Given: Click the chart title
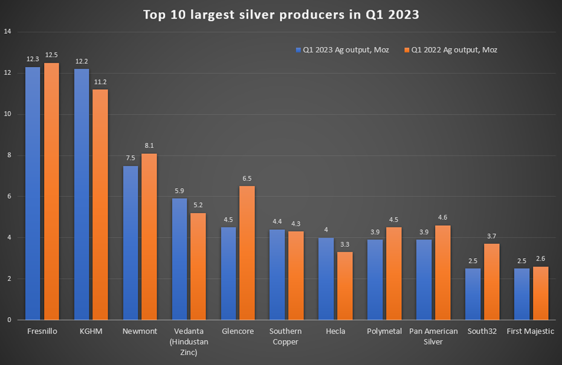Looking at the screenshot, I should pyautogui.click(x=281, y=14).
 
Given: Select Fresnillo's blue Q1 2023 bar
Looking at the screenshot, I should pyautogui.click(x=33, y=193).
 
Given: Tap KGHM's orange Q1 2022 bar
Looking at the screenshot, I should pyautogui.click(x=100, y=205).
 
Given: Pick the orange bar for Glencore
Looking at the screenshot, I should pyautogui.click(x=247, y=253).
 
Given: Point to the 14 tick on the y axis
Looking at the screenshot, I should pyautogui.click(x=8, y=32).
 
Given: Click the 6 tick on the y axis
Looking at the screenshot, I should pyautogui.click(x=8, y=197).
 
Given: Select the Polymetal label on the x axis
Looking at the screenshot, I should pyautogui.click(x=384, y=332).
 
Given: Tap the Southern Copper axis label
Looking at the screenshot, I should pyautogui.click(x=285, y=337).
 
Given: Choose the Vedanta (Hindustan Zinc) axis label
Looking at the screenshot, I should pyautogui.click(x=187, y=341).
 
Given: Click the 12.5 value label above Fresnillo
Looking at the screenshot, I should pyautogui.click(x=51, y=56).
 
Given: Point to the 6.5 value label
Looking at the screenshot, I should pyautogui.click(x=247, y=179).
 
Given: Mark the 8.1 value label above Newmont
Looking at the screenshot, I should pyautogui.click(x=149, y=146).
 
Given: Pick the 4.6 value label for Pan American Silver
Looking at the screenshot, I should pyautogui.click(x=442, y=218).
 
